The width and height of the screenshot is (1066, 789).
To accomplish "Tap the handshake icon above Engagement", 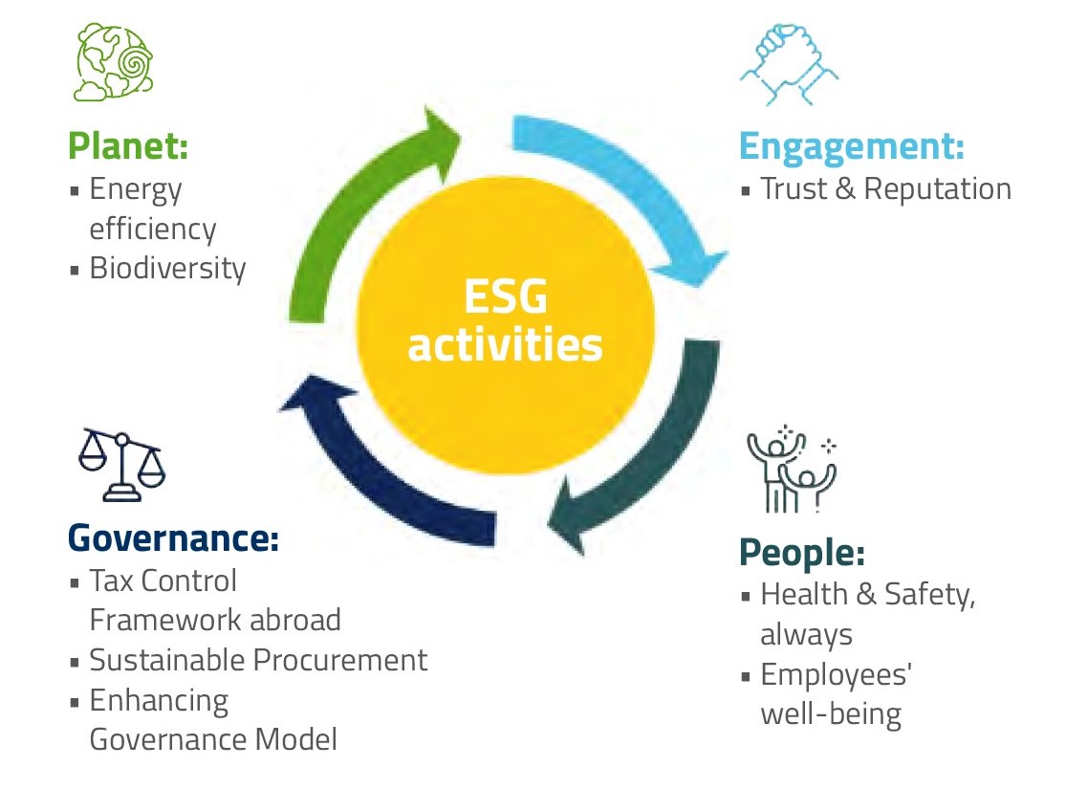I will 790,65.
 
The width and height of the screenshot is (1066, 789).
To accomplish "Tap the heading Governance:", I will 173,537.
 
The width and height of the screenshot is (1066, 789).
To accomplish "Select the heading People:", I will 801,552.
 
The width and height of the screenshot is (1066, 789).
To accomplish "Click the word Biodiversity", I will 167,269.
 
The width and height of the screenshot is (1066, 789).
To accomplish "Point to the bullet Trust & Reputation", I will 885,189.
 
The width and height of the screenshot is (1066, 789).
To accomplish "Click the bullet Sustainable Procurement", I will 258,660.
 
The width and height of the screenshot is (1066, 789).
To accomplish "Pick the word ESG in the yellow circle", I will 506,299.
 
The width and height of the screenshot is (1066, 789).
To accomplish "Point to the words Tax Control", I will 163,581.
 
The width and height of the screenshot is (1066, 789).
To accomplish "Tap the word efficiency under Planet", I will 153,230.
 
